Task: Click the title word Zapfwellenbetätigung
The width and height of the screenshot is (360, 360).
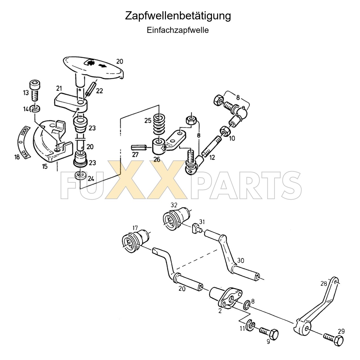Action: click(178, 16)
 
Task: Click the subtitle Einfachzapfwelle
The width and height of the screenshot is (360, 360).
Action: click(178, 30)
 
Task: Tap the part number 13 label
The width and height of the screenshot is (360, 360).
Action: click(26, 93)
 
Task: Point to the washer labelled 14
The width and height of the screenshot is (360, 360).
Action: click(35, 109)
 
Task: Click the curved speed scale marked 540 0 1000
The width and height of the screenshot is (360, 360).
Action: click(23, 142)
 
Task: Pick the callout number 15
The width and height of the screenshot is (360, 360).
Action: click(45, 166)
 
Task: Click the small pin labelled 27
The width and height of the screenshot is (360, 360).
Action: click(138, 148)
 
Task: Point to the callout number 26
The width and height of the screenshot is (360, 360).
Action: click(157, 159)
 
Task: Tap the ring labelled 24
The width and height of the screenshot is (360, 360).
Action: click(80, 176)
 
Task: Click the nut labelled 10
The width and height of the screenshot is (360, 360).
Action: click(224, 131)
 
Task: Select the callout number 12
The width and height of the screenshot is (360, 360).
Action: click(212, 157)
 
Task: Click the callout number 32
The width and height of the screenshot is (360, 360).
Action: click(174, 205)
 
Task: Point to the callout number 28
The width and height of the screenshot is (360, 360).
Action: click(323, 283)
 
